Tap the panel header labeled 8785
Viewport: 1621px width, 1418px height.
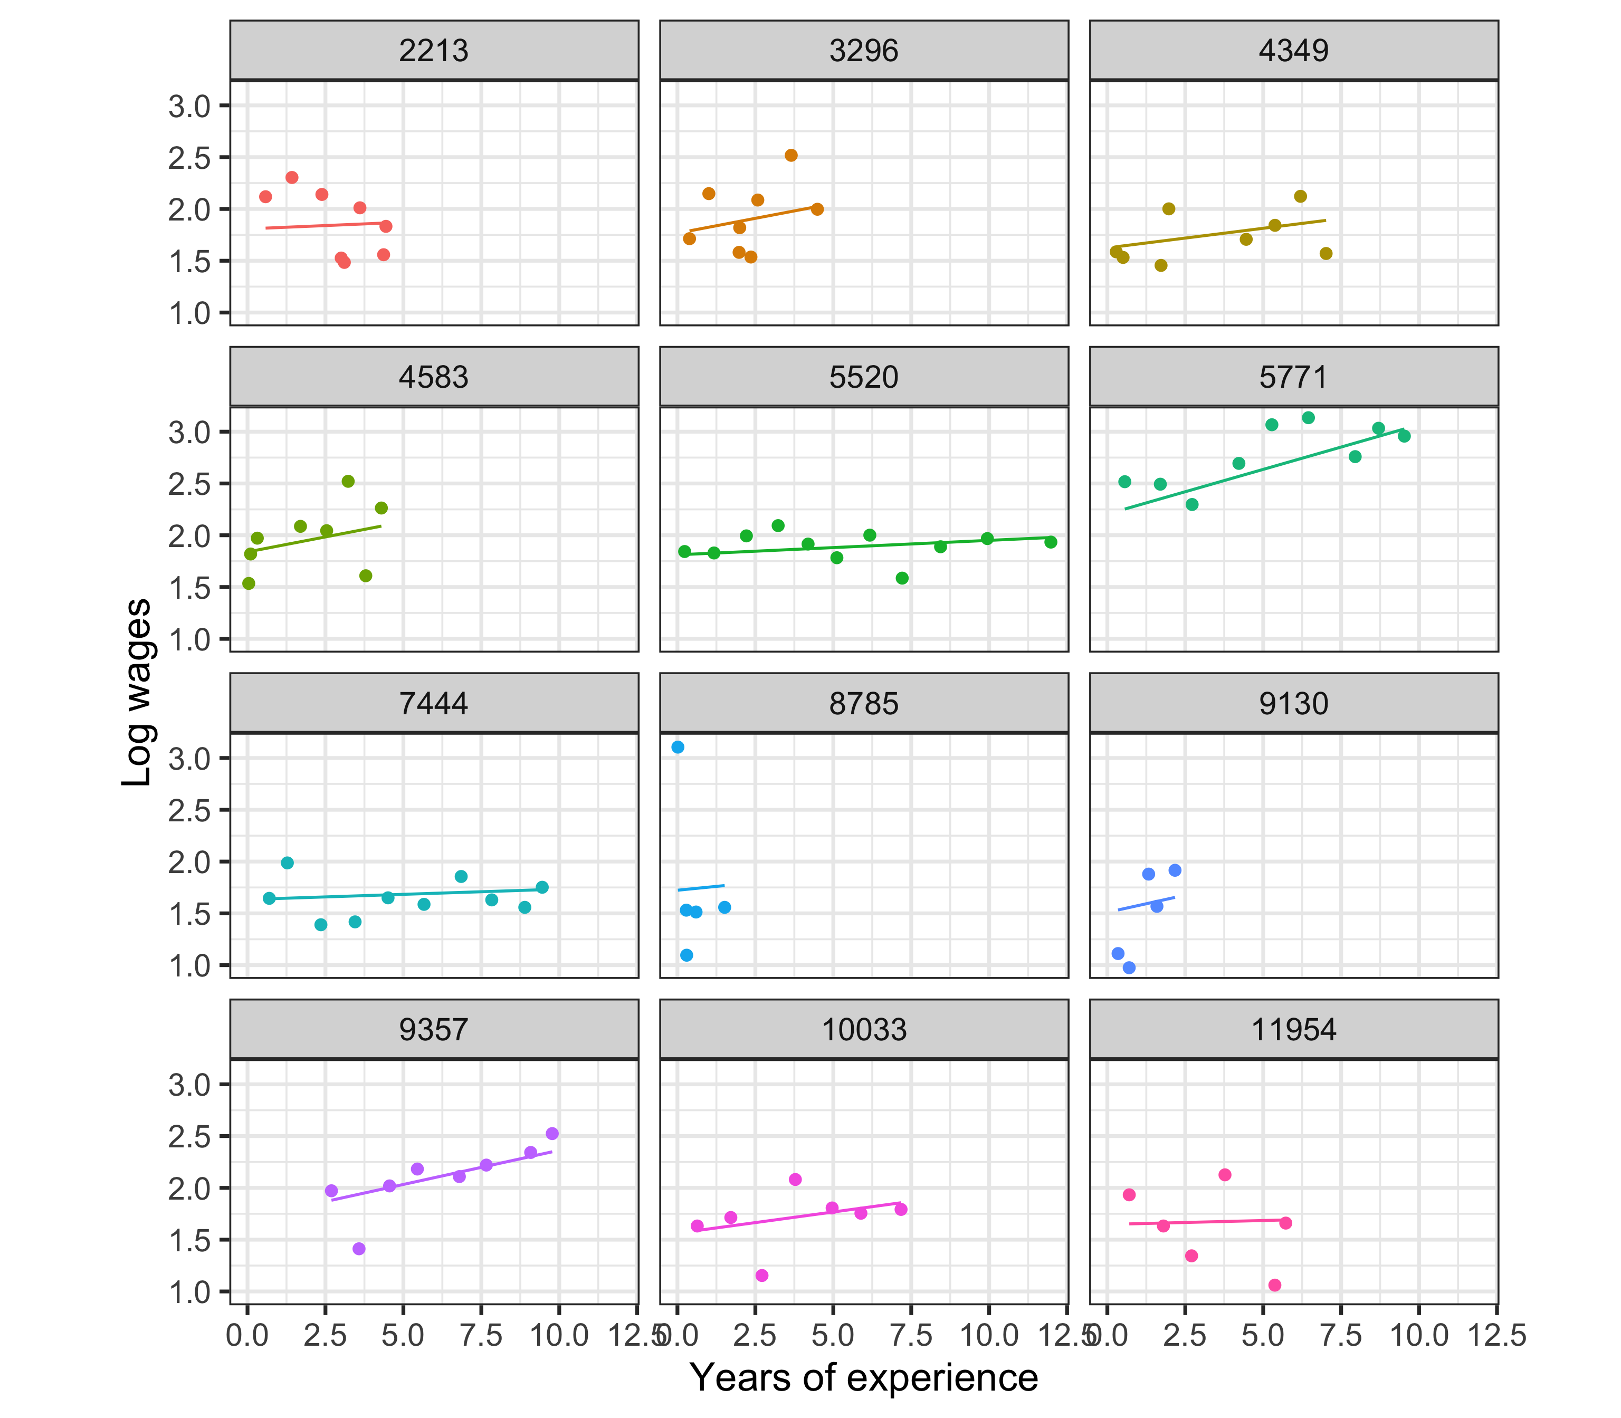[863, 704]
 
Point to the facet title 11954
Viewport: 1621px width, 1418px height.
[1293, 1030]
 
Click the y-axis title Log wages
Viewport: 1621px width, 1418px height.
[137, 692]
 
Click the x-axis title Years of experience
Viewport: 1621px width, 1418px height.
[863, 1378]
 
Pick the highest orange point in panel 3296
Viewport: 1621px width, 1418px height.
[790, 155]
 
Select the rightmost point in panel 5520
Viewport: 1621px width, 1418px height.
[1050, 542]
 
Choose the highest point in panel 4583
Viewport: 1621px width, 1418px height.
[347, 481]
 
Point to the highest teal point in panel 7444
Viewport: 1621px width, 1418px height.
[287, 863]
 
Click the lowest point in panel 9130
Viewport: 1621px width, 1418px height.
[1129, 967]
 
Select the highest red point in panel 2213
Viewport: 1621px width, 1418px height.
[291, 177]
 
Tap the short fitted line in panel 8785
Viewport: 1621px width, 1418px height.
[701, 888]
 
